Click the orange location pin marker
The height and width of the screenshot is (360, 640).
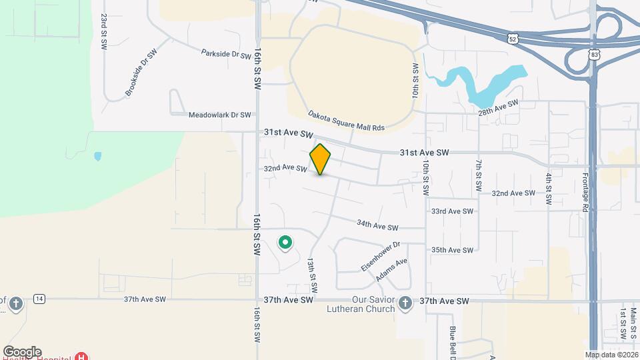coord(320,159)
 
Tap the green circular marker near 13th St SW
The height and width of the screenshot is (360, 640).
coord(285,243)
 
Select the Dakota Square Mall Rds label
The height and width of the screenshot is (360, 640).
coord(347,121)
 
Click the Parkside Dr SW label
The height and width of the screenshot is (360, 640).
coord(226,53)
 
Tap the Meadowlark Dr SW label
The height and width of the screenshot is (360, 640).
coord(219,115)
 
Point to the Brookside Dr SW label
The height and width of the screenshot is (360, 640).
coord(139,74)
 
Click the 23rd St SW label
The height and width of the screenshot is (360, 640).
coord(104,31)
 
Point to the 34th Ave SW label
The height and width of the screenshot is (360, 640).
coord(377,226)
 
